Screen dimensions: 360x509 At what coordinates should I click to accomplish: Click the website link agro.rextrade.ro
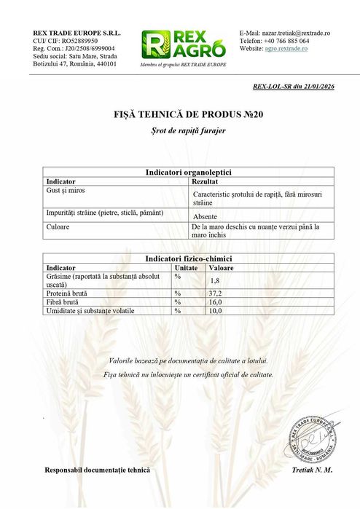coord(293,49)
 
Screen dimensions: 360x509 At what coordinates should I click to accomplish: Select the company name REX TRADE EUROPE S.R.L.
coord(77,33)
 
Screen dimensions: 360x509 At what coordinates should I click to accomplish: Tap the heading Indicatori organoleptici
coord(189,173)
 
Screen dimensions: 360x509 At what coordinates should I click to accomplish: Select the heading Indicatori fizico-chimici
coord(189,259)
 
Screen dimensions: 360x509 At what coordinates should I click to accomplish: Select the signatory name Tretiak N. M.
coord(311,470)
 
